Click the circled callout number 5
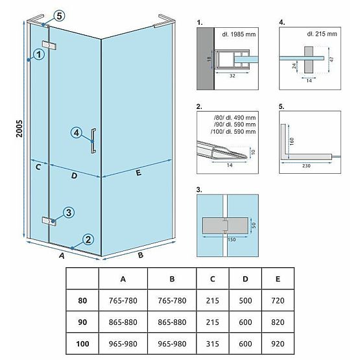[59, 16]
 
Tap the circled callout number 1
[39, 55]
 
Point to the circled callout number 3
[67, 213]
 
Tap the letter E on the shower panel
[138, 173]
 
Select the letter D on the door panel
[74, 175]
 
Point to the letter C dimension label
[38, 167]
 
